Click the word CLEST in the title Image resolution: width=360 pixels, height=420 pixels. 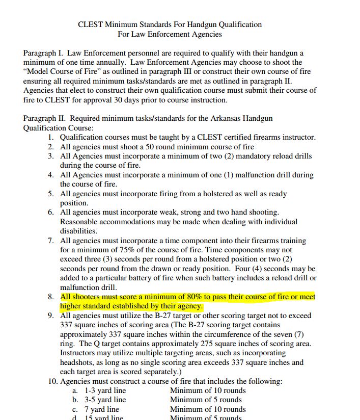pos(90,24)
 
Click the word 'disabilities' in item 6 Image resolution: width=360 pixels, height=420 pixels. pos(78,231)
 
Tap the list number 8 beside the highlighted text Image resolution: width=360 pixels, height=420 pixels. pos(51,297)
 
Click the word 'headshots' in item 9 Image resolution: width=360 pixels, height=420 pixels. pos(76,362)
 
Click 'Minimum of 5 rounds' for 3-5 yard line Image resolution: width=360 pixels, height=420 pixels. pos(206,400)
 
